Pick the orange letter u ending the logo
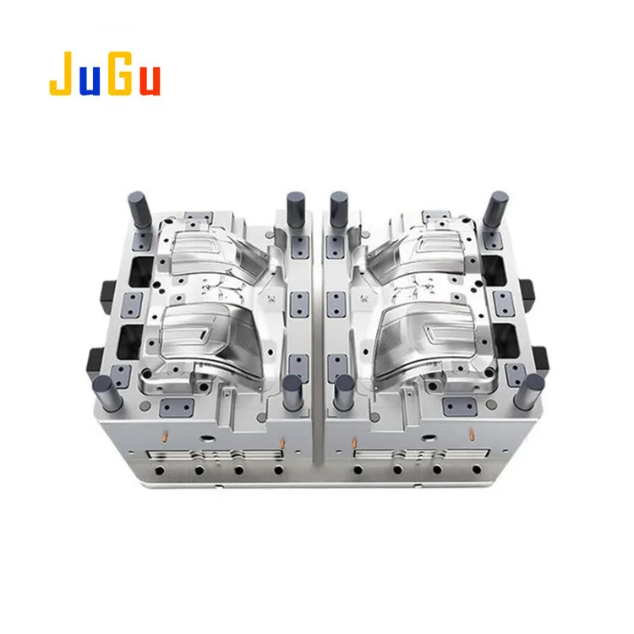(x=148, y=78)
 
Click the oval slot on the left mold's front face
(x=205, y=440)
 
